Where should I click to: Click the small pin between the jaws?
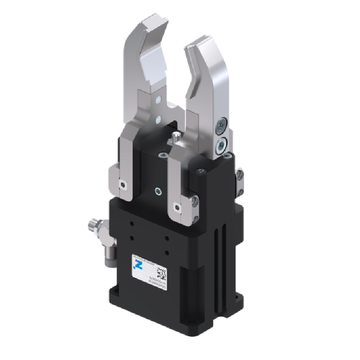pos(175,135)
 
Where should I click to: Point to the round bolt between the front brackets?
pos(156,190)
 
